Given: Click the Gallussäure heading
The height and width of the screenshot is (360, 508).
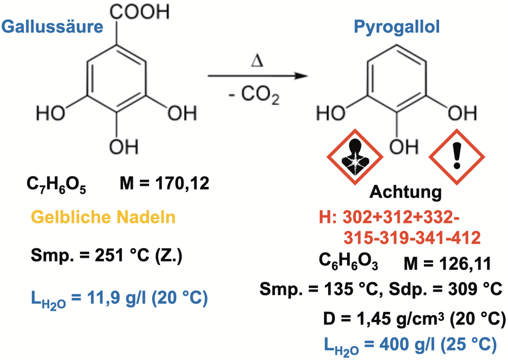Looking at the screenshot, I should pos(52,27).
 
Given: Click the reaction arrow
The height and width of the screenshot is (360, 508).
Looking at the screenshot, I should pos(257,77).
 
